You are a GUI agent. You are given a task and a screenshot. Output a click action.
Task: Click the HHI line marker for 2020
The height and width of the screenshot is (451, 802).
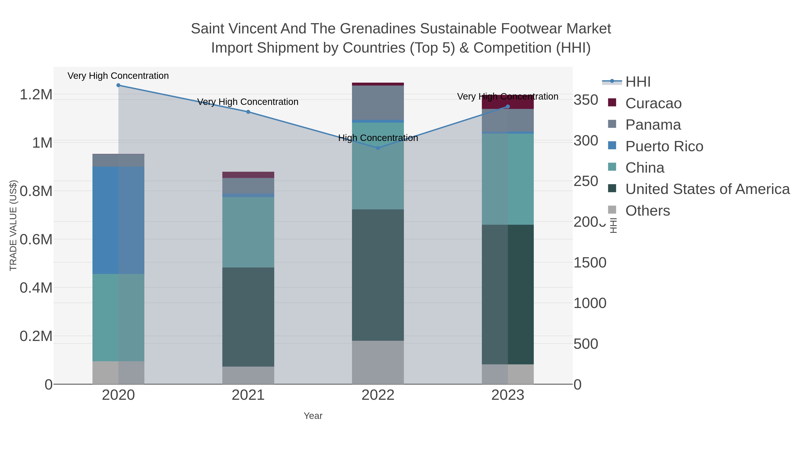118,85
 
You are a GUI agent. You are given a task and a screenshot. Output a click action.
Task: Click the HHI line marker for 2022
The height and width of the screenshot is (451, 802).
378,148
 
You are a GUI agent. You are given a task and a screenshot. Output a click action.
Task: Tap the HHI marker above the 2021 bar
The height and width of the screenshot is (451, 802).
248,112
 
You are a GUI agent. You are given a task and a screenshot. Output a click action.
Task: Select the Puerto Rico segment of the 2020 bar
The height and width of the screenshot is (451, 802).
118,220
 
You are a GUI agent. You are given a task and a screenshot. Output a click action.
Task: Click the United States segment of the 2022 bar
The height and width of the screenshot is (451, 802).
378,275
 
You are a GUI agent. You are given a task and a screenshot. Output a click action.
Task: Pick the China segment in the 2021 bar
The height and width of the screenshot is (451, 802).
248,232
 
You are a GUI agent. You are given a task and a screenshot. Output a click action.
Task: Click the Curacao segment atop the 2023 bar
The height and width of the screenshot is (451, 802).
508,102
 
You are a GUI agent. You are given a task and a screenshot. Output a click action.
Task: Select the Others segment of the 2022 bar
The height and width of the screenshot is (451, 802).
378,362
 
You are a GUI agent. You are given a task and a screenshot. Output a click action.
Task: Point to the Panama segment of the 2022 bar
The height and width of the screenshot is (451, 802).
378,103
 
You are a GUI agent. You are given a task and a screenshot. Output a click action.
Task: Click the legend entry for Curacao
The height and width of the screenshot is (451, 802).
653,103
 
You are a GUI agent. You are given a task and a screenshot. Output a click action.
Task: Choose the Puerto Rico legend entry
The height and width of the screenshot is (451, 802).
664,146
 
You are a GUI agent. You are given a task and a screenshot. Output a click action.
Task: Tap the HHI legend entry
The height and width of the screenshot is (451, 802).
638,82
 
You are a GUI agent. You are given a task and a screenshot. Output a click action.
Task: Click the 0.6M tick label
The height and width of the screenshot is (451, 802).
36,240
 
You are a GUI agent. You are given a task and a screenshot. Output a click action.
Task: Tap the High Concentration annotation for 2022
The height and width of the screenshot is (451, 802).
378,138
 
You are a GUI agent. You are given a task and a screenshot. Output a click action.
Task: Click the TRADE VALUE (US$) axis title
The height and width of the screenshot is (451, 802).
13,225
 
